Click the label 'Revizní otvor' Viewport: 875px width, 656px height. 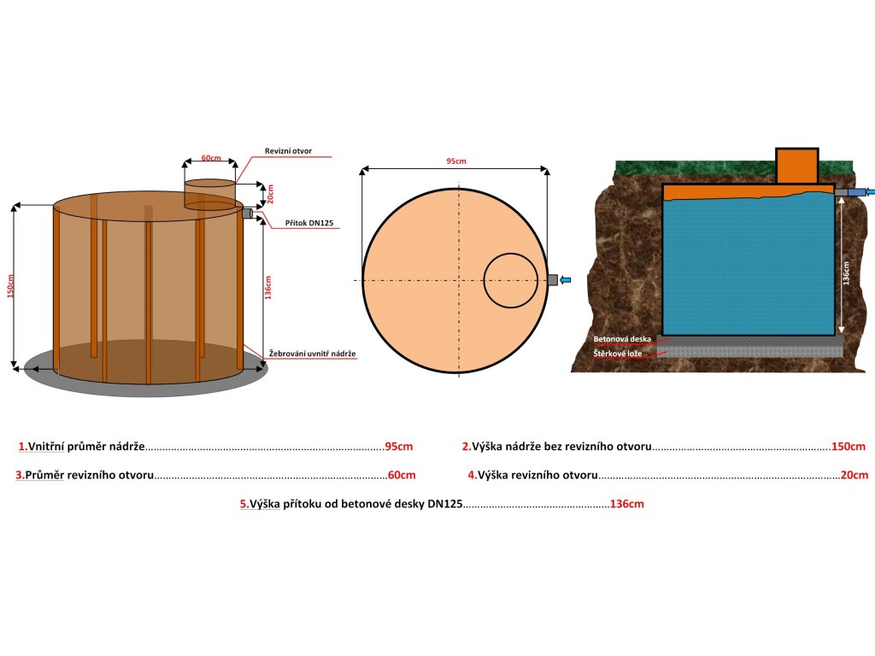(x=288, y=151)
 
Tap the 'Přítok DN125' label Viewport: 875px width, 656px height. (x=309, y=223)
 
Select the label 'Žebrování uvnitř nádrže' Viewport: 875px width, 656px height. (x=312, y=353)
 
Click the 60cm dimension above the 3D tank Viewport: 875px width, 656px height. (x=210, y=158)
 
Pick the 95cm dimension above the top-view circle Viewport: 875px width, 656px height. (x=455, y=161)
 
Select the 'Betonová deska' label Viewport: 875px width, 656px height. (x=622, y=339)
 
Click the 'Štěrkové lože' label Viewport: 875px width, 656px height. (x=618, y=353)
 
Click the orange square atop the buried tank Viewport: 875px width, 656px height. (x=797, y=166)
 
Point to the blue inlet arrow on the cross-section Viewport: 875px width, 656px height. (x=864, y=192)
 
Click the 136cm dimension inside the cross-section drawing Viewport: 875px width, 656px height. (x=846, y=272)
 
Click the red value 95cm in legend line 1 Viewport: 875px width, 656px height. (x=399, y=447)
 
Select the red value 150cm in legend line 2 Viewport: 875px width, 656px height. (x=849, y=447)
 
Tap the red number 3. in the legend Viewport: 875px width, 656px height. (x=20, y=475)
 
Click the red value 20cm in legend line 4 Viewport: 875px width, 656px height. (x=854, y=475)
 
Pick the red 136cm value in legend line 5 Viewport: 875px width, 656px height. (x=627, y=504)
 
